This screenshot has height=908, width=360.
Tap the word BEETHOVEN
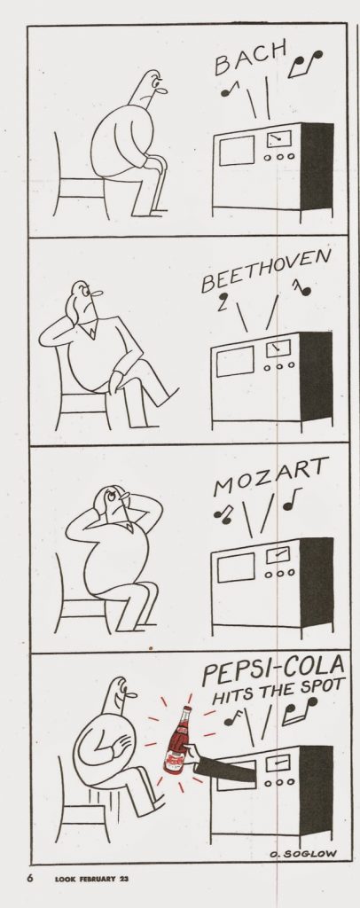[266, 271]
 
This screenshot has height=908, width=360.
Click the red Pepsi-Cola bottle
[177, 740]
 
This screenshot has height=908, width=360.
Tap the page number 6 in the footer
[30, 878]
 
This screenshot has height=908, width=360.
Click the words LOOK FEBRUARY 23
[91, 879]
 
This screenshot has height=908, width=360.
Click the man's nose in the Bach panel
[162, 90]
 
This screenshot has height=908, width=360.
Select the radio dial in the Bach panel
[279, 139]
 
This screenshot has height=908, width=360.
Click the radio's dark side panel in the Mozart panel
[317, 581]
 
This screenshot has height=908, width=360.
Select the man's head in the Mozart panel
[114, 500]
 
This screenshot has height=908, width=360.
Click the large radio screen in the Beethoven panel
[235, 362]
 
